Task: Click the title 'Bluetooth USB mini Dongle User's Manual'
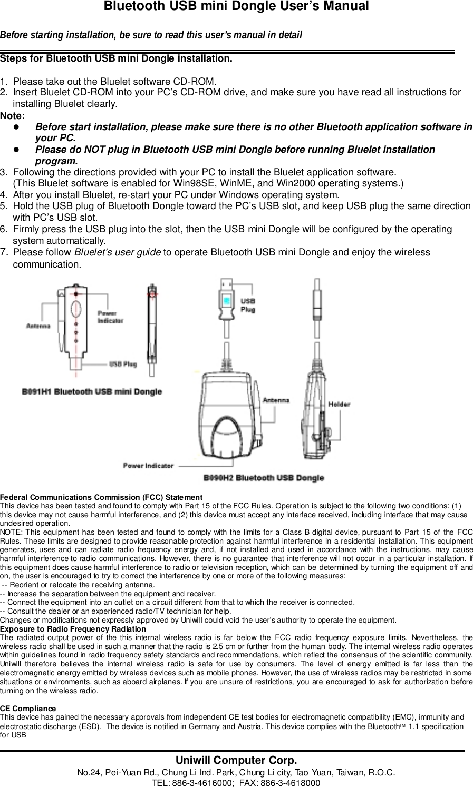(x=236, y=7)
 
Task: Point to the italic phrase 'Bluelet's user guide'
(x=118, y=252)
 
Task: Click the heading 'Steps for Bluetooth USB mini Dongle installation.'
(x=116, y=58)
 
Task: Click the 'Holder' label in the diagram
(x=340, y=405)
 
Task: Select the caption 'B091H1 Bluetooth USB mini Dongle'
(x=91, y=392)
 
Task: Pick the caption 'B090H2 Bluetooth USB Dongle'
(x=264, y=478)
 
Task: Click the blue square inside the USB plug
(x=226, y=301)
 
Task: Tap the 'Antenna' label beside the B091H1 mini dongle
(x=38, y=326)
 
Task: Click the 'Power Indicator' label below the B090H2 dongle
(x=148, y=465)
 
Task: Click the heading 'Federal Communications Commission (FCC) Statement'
(x=101, y=497)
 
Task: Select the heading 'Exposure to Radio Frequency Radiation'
(x=73, y=629)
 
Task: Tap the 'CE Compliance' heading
(x=28, y=709)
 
